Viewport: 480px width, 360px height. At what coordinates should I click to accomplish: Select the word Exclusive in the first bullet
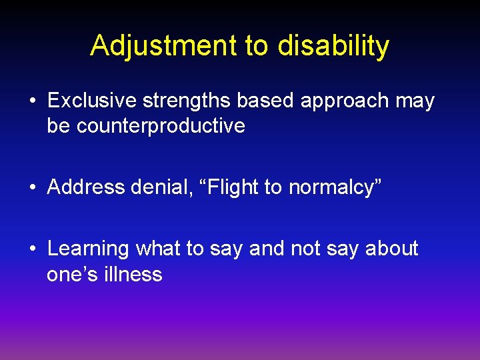[91, 101]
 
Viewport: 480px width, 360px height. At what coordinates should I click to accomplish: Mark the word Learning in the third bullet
[88, 249]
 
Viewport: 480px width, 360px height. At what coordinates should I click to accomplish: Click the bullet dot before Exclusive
[33, 101]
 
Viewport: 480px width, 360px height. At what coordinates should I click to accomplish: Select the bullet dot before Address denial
[33, 188]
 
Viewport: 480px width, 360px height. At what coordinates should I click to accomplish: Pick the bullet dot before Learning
[33, 249]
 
